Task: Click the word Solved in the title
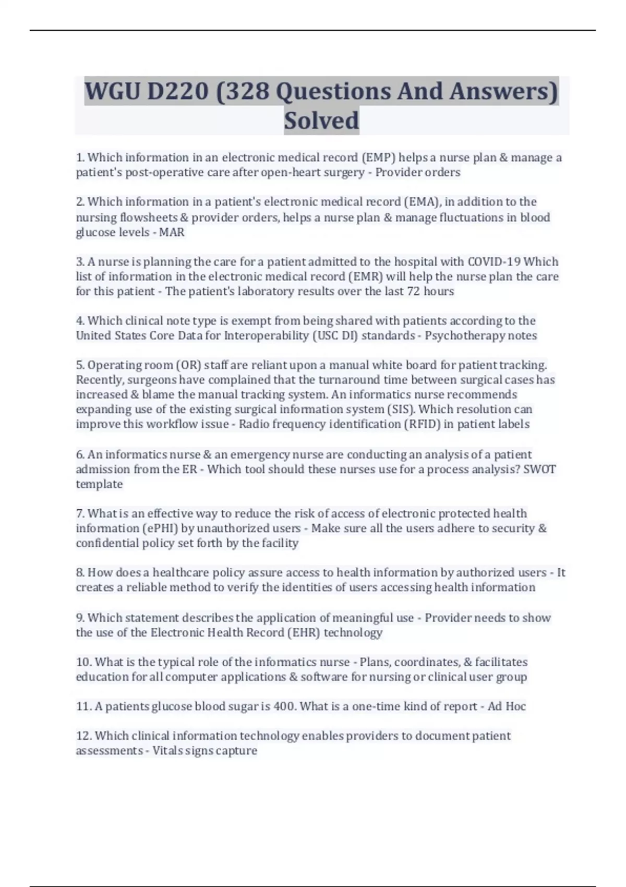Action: (x=321, y=121)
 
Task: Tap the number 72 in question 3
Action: (x=413, y=291)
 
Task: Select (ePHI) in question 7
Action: (x=160, y=529)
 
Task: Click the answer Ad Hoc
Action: (x=507, y=706)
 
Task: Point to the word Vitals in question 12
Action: (x=165, y=751)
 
